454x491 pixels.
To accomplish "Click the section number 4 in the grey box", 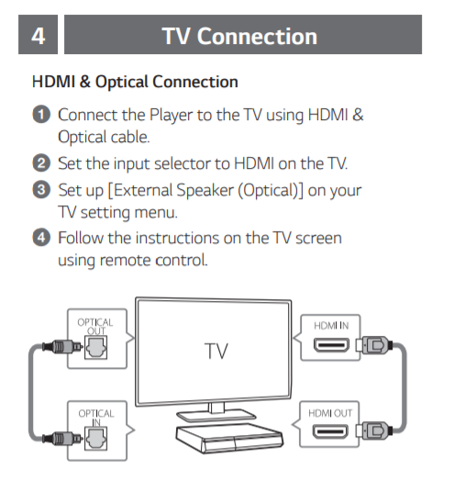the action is click(39, 36).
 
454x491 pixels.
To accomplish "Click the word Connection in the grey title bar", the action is click(257, 37).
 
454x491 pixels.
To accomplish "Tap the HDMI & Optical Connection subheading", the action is click(135, 82).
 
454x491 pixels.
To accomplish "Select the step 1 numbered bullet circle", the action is click(41, 115).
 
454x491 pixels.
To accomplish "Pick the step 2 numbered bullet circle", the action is click(41, 163).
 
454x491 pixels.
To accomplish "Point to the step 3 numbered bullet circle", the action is click(41, 190).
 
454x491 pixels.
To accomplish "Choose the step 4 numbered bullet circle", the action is click(41, 238).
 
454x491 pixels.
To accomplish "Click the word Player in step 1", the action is click(171, 116).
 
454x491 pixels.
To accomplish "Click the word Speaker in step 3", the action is click(205, 190).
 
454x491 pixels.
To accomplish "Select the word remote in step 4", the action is click(125, 261).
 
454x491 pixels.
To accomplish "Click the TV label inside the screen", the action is click(216, 351).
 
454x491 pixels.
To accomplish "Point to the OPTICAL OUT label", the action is click(95, 327).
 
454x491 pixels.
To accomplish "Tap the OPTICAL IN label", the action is click(96, 418).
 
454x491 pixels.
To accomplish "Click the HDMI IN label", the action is click(331, 326).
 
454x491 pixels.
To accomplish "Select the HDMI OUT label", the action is click(330, 413).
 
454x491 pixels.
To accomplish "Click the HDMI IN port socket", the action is click(331, 345).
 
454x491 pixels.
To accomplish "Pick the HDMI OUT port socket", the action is click(330, 432).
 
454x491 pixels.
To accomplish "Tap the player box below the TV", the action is click(229, 438).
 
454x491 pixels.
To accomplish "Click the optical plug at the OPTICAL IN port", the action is click(62, 438).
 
